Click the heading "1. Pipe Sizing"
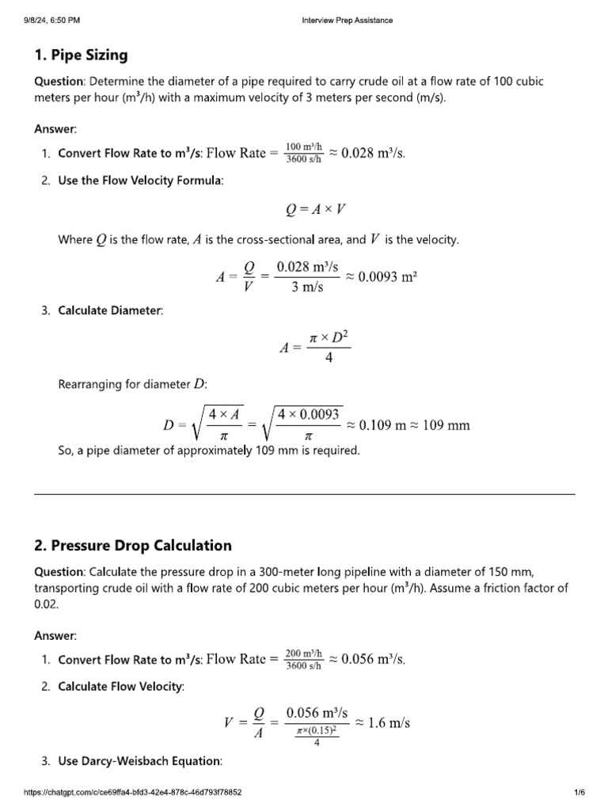81,55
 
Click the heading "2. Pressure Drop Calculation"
133,545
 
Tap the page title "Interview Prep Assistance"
348,21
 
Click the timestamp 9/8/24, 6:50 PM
52,21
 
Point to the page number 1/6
579,792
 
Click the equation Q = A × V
315,210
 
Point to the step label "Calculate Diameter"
110,310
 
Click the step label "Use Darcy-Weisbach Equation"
139,761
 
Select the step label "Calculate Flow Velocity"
120,687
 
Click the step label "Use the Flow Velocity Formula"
140,181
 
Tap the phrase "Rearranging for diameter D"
132,385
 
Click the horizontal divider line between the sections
304,495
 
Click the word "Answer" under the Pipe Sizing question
54,128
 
